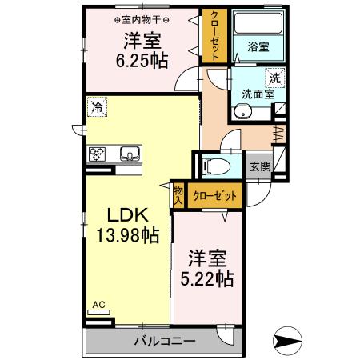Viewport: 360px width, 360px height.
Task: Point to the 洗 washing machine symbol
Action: click(x=274, y=79)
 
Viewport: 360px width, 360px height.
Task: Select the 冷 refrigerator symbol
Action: click(x=97, y=106)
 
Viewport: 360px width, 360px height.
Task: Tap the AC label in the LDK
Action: click(x=98, y=304)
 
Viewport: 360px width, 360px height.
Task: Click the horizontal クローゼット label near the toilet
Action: click(x=214, y=194)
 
